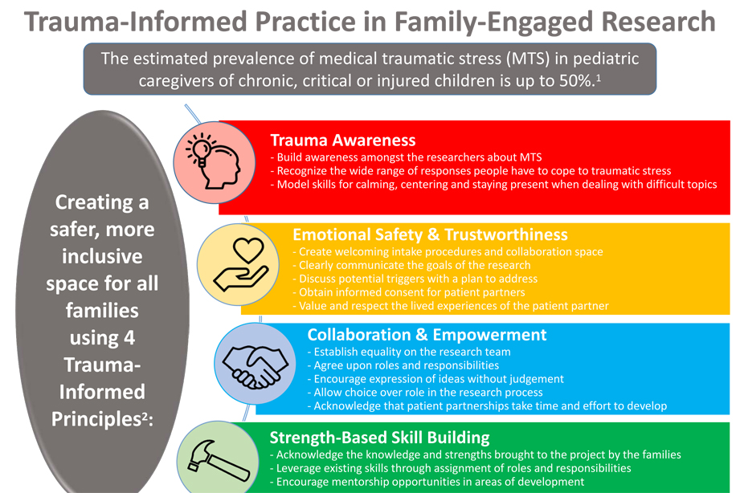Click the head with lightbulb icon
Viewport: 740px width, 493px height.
point(211,156)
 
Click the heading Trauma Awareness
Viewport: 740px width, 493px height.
point(342,140)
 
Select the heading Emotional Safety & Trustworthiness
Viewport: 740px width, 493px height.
point(430,234)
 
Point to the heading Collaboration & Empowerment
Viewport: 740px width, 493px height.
point(427,334)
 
